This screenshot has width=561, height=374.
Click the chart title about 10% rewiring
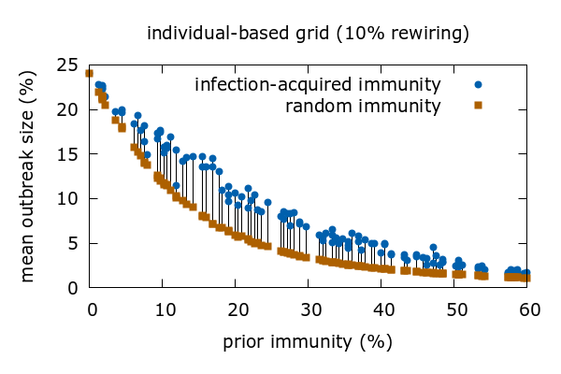pos(308,35)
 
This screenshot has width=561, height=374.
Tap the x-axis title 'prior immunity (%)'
pos(308,342)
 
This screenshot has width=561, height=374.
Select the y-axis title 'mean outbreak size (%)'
pos(29,177)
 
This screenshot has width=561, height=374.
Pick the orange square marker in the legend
pos(477,106)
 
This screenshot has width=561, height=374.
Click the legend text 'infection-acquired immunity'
pos(317,85)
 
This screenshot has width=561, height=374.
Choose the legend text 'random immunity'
pos(363,106)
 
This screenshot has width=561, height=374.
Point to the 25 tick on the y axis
pos(66,65)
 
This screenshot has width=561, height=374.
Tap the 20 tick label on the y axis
pos(66,109)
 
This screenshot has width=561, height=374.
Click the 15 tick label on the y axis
pos(66,154)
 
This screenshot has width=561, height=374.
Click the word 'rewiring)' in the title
pos(433,35)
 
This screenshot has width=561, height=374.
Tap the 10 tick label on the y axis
pos(66,199)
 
